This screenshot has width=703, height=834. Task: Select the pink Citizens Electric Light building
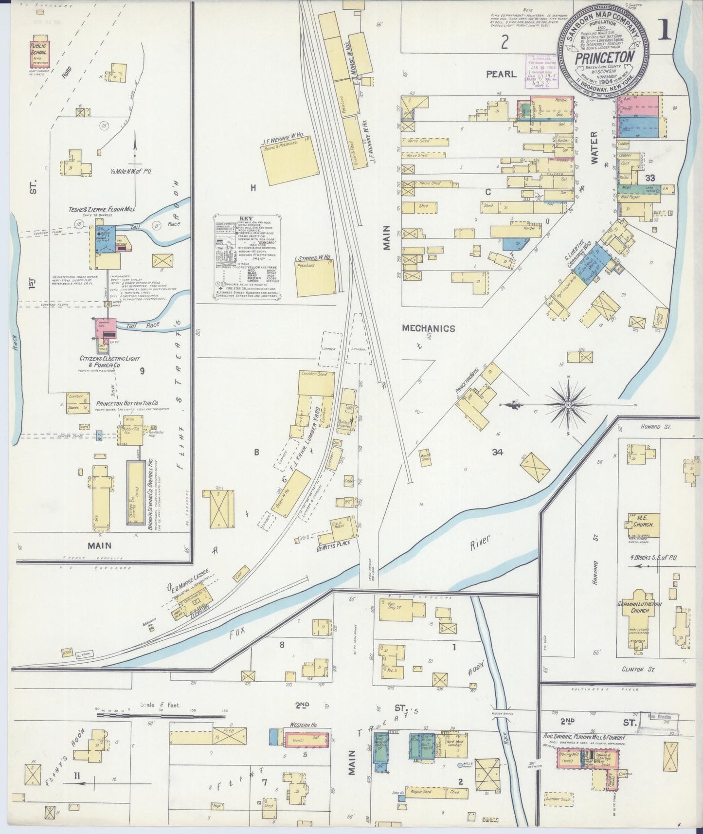click(105, 329)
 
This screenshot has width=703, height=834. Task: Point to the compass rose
click(569, 404)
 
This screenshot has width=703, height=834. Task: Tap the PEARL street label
click(501, 74)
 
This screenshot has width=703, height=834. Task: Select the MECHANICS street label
click(428, 328)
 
